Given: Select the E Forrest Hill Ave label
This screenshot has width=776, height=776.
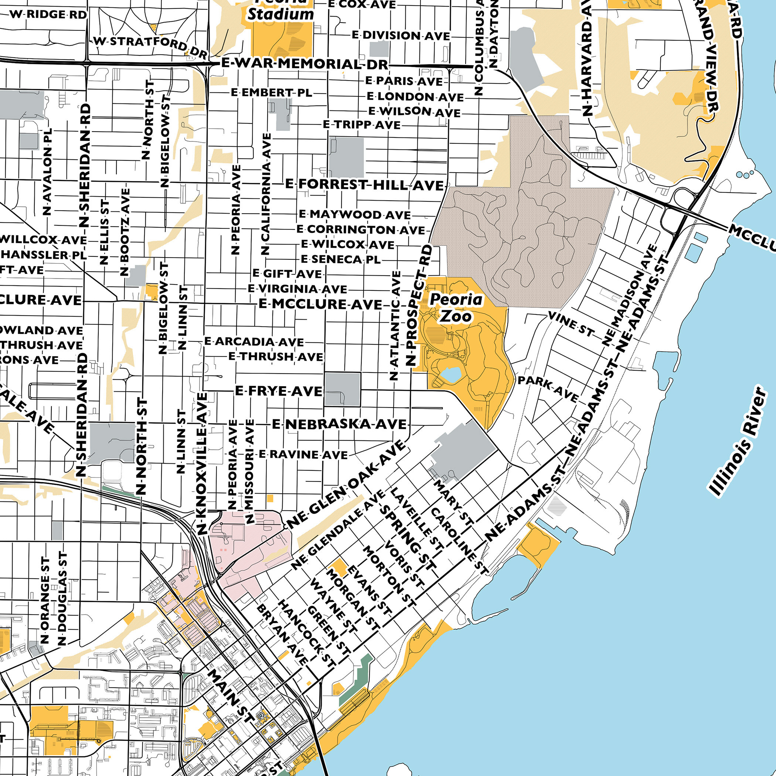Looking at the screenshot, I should coord(364,185).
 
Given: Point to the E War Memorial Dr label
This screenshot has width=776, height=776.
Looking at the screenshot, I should coord(305,64).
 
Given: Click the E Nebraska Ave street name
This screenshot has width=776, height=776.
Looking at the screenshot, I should coord(339,424).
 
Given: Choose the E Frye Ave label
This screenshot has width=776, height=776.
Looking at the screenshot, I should coord(279,391).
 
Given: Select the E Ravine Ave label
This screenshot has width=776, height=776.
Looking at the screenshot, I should coord(303,454).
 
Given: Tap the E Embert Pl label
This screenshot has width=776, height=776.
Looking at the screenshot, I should coord(271,93).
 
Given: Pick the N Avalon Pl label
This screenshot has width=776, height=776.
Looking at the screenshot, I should coord(47,171).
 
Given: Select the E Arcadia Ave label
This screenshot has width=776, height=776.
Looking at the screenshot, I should coord(254,341).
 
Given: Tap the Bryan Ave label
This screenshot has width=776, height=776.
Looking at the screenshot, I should coord(282,634).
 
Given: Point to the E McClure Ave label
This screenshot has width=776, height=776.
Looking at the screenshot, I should coord(320,304).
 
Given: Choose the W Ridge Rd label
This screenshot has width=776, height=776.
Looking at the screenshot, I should coord(48,14).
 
